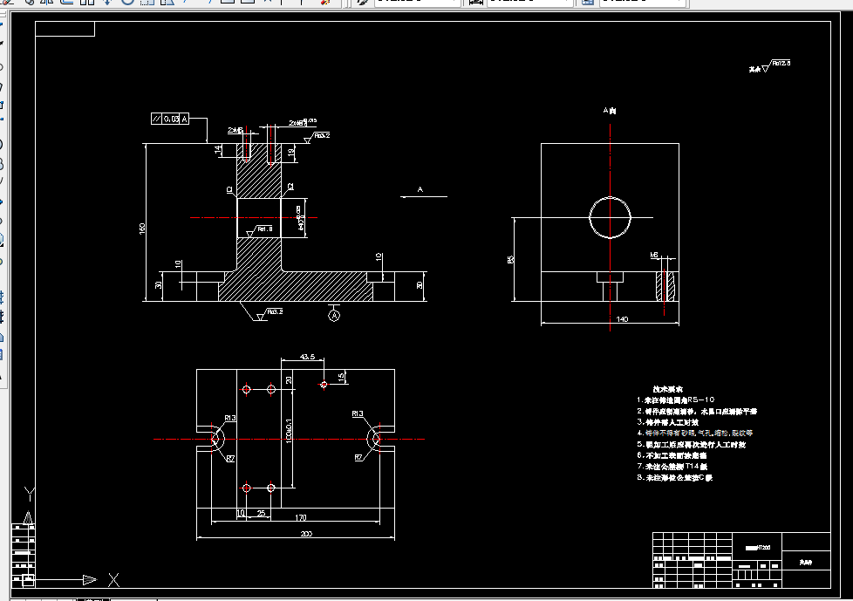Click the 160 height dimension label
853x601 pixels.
tap(142, 228)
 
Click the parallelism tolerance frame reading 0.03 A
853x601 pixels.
tap(169, 119)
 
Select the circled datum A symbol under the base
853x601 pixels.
tap(333, 316)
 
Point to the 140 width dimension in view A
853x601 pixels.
tap(622, 319)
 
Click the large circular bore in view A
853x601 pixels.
tap(610, 216)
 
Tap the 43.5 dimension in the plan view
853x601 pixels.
tap(307, 357)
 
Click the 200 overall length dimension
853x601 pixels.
tap(305, 533)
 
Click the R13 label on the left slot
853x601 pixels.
tap(230, 418)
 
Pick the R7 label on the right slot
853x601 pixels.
tap(358, 457)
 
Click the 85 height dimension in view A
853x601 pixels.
tap(509, 259)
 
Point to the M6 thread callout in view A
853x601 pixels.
tap(654, 255)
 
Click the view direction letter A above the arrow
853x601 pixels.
tap(420, 188)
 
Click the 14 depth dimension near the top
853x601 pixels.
tap(219, 150)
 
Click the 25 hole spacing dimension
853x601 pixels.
tap(261, 514)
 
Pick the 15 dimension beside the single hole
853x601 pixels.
tap(341, 376)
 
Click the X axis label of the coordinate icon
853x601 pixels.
tap(113, 578)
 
